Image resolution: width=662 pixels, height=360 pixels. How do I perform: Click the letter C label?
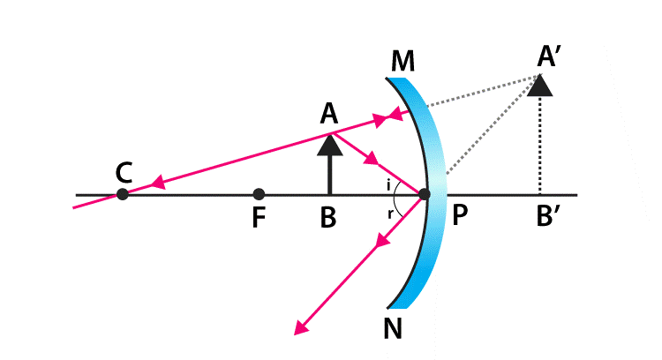coord(124,171)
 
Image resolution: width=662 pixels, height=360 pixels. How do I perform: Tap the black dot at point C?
coord(123,193)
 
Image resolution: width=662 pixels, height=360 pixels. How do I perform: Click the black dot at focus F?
coord(258,194)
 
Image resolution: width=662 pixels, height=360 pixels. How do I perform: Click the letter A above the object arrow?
coord(329,113)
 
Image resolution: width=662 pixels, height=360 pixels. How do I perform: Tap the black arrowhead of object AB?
coord(329,143)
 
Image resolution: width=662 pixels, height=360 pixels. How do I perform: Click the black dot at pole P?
coord(425,194)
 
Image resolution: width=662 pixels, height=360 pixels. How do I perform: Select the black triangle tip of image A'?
coord(540,86)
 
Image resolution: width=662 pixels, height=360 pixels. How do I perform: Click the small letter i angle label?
coord(389,184)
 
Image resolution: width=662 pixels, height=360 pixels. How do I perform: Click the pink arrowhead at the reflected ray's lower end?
coord(302,327)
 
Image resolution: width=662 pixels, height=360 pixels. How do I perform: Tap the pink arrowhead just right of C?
coord(159,184)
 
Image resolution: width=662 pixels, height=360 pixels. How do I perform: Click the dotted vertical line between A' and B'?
coord(540,146)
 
